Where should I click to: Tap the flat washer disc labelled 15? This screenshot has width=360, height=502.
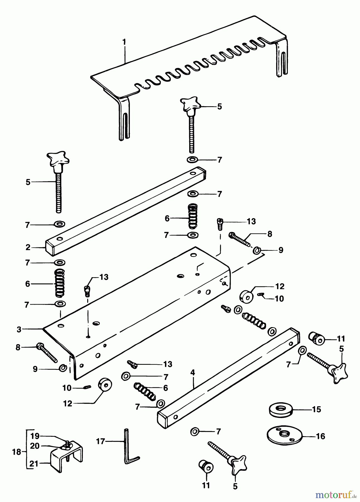click(x=280, y=409)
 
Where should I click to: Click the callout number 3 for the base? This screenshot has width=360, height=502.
click(x=19, y=329)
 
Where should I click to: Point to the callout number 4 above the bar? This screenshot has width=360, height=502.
click(x=193, y=373)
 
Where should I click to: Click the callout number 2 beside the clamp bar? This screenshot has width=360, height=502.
click(x=28, y=247)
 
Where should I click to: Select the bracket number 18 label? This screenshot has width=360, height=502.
click(x=17, y=452)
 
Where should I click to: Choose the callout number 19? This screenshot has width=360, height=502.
click(x=35, y=436)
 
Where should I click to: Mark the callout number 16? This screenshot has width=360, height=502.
click(x=320, y=436)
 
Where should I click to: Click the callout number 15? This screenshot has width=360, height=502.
click(x=317, y=409)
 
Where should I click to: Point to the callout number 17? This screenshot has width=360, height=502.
click(x=100, y=441)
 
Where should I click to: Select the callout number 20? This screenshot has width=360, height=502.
click(x=35, y=446)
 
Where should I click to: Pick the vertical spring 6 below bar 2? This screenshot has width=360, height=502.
click(x=60, y=283)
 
